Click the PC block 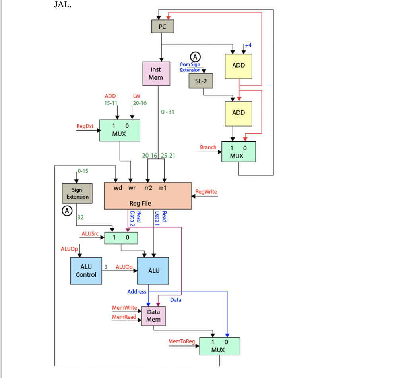point(162,27)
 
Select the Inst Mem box point(156,73)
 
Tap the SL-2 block point(201,81)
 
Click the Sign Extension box point(78,193)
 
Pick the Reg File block point(147,196)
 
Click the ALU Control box point(86,271)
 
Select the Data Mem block point(153,316)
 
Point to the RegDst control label point(85,126)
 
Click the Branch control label point(208,147)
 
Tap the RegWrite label point(206,192)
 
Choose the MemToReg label point(181,341)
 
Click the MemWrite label point(124,308)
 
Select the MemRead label point(124,317)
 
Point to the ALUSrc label point(89,234)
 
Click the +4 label point(248,45)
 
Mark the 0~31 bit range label point(168,112)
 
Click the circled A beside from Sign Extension point(196,56)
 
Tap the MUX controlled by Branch point(238,152)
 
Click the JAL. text point(63,6)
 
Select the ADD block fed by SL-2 point(238,113)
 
